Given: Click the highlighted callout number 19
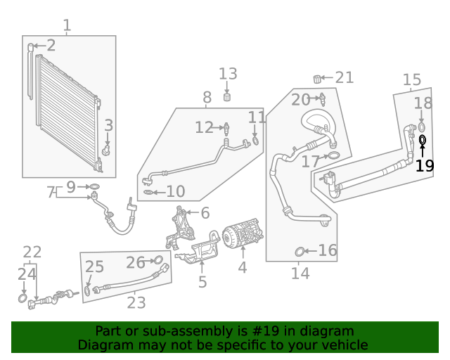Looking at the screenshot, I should (x=425, y=167).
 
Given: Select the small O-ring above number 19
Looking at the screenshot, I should (x=423, y=140).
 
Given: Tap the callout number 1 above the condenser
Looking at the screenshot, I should (x=67, y=26).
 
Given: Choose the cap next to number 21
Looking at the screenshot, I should (x=317, y=77).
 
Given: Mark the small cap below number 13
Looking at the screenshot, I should (x=227, y=98).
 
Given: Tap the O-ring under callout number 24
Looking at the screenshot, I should (x=23, y=299).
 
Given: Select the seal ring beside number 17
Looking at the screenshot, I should (x=334, y=156).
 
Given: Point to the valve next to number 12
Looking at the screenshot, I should (x=226, y=128).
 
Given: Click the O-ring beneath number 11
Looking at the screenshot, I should (x=255, y=140).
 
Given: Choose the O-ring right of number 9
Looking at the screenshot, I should (x=94, y=187).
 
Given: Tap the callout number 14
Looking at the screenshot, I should (x=300, y=274).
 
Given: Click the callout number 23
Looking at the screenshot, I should (x=136, y=302).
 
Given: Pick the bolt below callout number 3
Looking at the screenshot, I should (x=105, y=150).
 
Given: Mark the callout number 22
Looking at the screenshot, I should (x=32, y=252).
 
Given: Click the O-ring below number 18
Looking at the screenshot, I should (x=422, y=126).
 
